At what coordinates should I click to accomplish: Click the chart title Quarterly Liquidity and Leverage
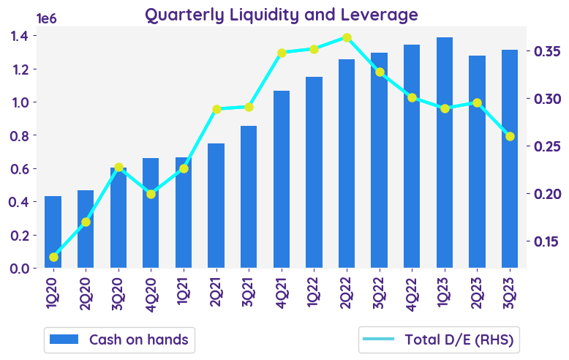(x=282, y=15)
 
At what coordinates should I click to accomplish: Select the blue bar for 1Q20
(x=53, y=232)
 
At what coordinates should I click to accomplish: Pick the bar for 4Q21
(x=282, y=179)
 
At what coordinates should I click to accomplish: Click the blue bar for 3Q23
(x=510, y=159)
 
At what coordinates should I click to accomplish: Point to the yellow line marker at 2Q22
(x=347, y=37)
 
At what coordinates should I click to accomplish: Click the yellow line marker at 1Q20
(x=53, y=257)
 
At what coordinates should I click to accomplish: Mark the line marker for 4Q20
(x=151, y=194)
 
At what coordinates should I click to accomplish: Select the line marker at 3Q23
(x=510, y=136)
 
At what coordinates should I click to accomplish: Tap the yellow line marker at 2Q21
(x=216, y=109)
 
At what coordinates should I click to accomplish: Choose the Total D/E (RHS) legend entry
(x=439, y=340)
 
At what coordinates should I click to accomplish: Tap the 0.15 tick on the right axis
(x=543, y=241)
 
